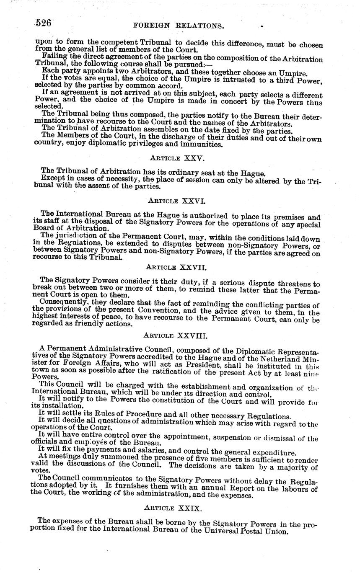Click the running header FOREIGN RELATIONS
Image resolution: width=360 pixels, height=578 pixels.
click(178, 26)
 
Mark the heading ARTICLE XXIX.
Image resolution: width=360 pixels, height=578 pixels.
click(173, 508)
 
